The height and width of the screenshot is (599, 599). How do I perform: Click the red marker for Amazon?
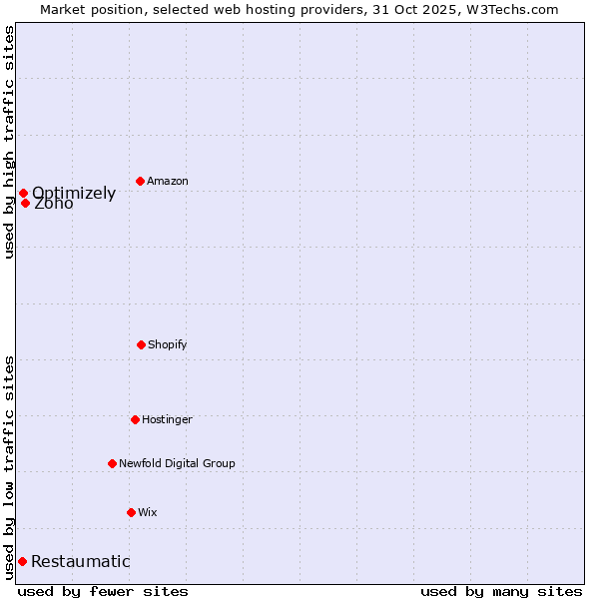coord(141,181)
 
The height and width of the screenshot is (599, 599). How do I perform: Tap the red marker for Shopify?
coord(141,344)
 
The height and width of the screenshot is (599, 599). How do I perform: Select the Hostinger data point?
coord(135,419)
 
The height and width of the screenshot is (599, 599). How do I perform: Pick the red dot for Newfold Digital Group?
coord(112,463)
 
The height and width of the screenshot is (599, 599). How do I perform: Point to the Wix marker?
coord(131,512)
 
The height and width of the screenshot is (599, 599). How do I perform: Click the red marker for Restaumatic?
coord(22,561)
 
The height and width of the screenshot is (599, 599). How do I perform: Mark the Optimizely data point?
coord(23,193)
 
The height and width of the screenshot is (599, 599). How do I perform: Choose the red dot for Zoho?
coord(25,203)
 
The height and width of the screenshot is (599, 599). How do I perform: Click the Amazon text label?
coord(168,182)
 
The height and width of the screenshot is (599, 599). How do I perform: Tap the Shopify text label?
coord(168,345)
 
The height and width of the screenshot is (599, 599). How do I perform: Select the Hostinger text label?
coord(167,420)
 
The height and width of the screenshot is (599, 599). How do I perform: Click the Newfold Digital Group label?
coord(177,463)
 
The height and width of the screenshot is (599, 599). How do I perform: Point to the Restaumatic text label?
coord(81,561)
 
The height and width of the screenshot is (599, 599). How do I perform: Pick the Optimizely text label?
coord(74,194)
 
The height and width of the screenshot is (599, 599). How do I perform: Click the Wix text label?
coord(148,513)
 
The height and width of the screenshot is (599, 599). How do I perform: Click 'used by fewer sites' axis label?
coord(103,591)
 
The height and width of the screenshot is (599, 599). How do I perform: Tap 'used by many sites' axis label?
coord(501,591)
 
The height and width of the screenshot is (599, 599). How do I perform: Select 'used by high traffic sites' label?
coord(10,142)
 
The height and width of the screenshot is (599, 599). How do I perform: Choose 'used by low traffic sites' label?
coord(10,466)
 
